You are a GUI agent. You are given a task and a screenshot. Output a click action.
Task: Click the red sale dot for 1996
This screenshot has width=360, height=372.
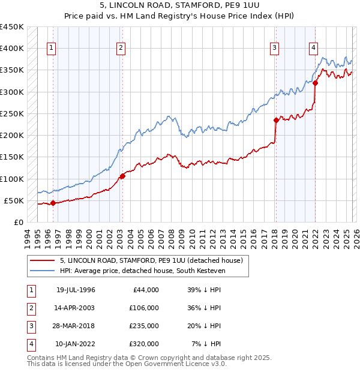click(x=53, y=203)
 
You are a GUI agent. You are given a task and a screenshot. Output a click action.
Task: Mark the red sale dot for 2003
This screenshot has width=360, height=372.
click(x=122, y=176)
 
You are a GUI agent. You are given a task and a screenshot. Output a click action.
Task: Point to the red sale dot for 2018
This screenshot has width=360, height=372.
click(x=276, y=120)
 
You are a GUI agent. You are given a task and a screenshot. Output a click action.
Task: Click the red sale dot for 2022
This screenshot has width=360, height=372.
click(x=315, y=83)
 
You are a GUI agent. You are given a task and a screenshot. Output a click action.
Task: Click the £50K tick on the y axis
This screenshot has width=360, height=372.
click(x=14, y=200)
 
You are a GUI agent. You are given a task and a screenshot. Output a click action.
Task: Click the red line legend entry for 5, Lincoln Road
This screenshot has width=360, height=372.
click(x=151, y=260)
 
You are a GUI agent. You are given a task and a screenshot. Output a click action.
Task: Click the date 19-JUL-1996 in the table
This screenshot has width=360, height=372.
click(x=76, y=290)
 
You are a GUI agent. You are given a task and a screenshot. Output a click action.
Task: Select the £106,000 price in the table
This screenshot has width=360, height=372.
click(x=143, y=307)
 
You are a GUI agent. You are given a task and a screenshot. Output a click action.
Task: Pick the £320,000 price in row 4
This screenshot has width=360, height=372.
click(x=143, y=344)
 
